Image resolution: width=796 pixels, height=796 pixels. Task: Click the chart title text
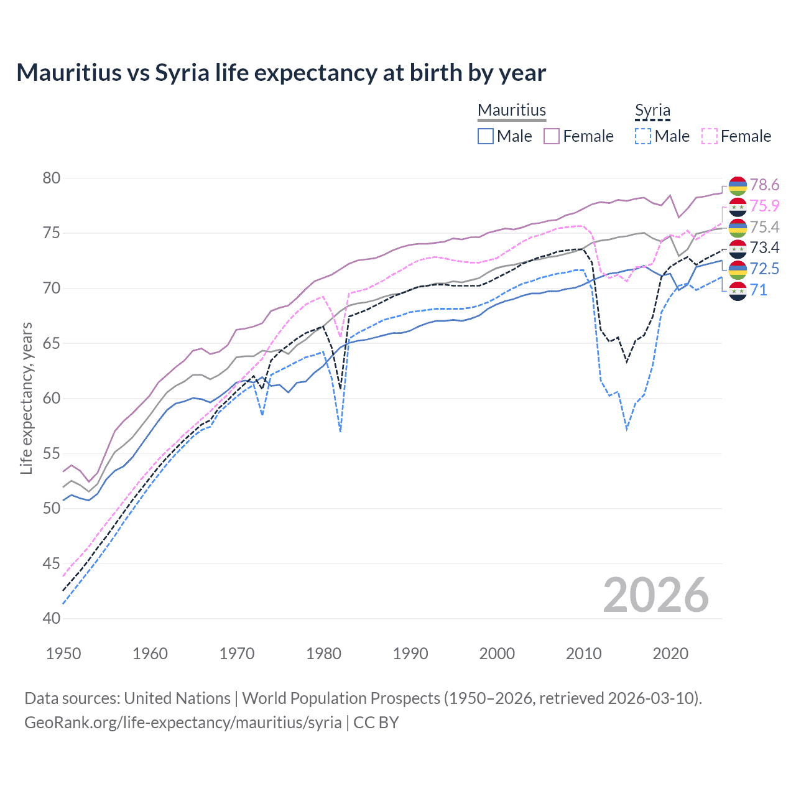pyautogui.click(x=281, y=73)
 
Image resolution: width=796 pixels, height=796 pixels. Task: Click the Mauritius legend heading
pyautogui.click(x=512, y=110)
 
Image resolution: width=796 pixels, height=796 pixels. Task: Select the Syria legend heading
pyautogui.click(x=652, y=110)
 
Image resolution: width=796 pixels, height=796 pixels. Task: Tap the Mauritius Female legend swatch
pyautogui.click(x=552, y=136)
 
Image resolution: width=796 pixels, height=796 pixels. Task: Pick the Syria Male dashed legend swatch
pyautogui.click(x=643, y=136)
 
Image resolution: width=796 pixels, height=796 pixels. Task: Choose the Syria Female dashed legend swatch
pyautogui.click(x=710, y=136)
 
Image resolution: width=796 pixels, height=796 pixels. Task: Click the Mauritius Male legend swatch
pyautogui.click(x=486, y=136)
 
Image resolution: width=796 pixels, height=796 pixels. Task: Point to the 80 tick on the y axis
pyautogui.click(x=52, y=178)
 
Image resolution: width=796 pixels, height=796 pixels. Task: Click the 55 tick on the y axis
pyautogui.click(x=52, y=453)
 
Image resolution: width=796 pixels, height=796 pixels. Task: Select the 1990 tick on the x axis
pyautogui.click(x=410, y=654)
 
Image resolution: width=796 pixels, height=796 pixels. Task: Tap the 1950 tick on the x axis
pyautogui.click(x=63, y=654)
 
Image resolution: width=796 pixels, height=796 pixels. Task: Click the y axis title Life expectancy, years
pyautogui.click(x=26, y=398)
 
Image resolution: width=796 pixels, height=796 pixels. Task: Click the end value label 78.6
pyautogui.click(x=764, y=185)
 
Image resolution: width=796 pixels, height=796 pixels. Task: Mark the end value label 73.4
pyautogui.click(x=764, y=248)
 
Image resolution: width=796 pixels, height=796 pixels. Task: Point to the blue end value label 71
pyautogui.click(x=758, y=290)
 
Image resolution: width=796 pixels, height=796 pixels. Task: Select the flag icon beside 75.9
pyautogui.click(x=738, y=206)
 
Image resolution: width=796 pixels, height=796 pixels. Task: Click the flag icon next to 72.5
pyautogui.click(x=738, y=269)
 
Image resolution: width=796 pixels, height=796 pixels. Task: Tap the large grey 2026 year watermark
pyautogui.click(x=655, y=595)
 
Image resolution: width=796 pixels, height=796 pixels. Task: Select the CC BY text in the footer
pyautogui.click(x=376, y=723)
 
